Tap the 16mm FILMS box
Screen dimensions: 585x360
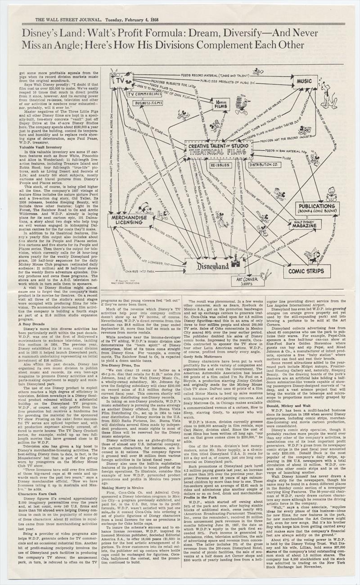(224, 104)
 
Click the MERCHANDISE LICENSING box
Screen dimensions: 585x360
(134, 219)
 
